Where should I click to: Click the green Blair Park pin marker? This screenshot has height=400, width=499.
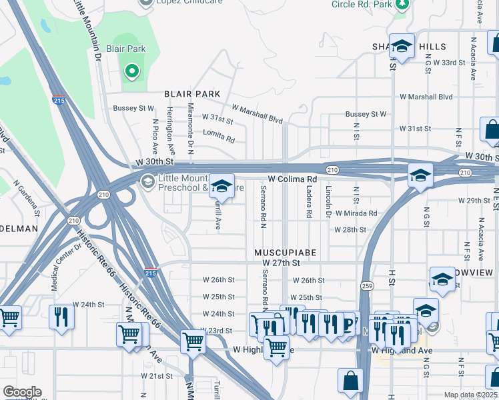[131, 71]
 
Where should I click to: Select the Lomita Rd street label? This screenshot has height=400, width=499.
[220, 139]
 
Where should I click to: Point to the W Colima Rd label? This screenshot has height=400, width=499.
[292, 179]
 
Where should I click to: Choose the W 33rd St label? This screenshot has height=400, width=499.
[448, 62]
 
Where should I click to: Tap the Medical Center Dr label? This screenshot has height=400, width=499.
[55, 266]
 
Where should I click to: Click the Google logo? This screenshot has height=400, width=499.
[22, 392]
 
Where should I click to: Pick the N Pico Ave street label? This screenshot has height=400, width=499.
[155, 136]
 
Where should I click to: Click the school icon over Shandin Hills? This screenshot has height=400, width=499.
[402, 46]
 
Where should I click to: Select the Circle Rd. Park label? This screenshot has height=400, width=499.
[361, 4]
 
